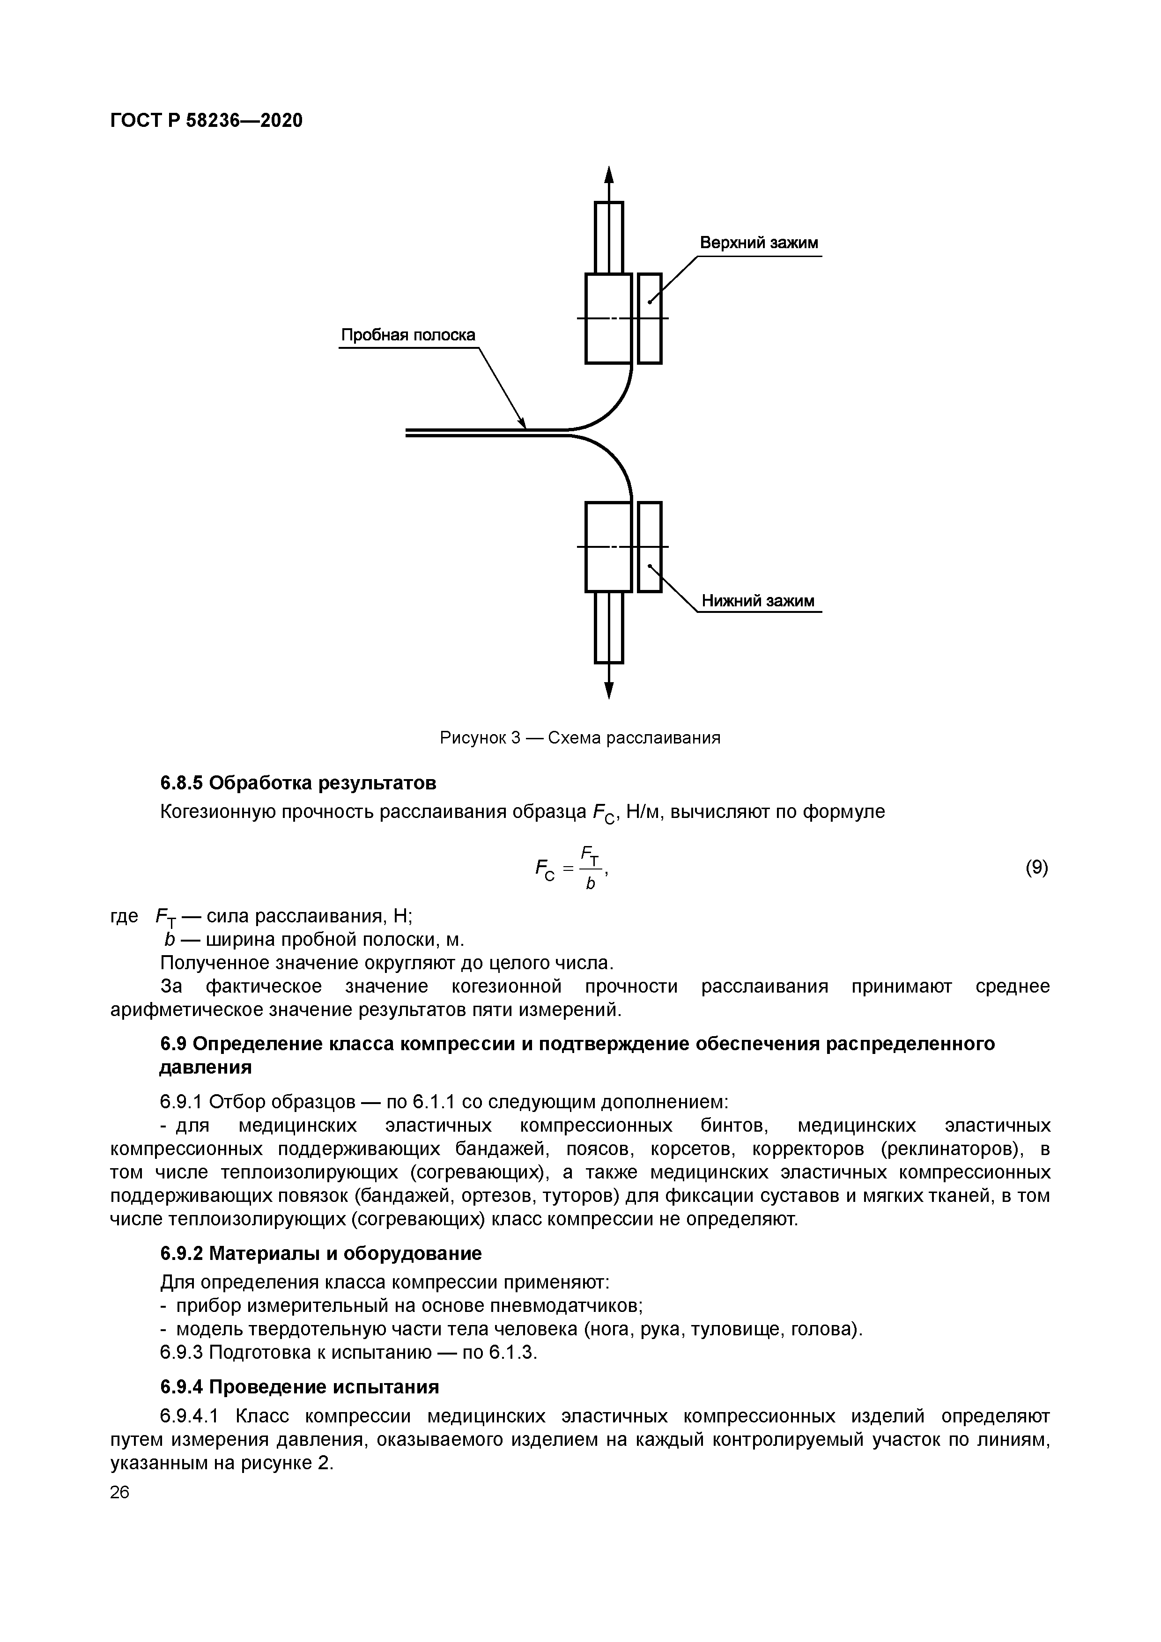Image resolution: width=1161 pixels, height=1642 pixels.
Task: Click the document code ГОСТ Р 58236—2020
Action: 206,120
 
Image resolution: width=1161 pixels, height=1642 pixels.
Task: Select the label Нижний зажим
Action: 758,601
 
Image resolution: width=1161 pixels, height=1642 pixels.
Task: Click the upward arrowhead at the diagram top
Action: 609,175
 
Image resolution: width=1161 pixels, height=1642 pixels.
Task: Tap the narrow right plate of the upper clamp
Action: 650,318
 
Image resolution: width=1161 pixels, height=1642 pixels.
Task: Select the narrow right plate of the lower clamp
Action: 650,546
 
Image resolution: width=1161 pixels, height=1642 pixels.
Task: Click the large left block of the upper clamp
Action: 607,318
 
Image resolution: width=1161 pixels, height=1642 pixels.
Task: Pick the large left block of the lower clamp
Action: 607,546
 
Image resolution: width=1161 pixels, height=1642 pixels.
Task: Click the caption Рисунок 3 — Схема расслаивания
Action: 579,737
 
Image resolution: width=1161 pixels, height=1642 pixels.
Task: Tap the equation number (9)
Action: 1036,868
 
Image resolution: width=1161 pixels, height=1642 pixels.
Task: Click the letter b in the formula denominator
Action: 590,884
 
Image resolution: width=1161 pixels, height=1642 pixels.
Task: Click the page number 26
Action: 120,1492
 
